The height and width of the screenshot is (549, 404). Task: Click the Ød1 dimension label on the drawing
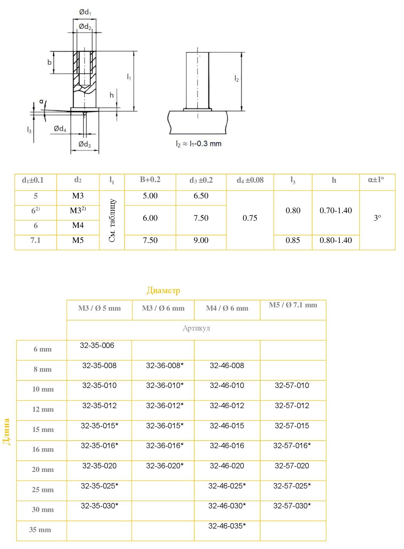pyautogui.click(x=85, y=12)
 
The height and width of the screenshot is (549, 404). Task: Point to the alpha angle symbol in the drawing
pyautogui.click(x=42, y=102)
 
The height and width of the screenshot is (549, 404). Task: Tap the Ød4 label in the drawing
pyautogui.click(x=60, y=129)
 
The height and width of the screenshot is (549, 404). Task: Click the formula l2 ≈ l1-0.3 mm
pyautogui.click(x=199, y=144)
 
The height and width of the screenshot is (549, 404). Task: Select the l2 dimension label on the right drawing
pyautogui.click(x=236, y=79)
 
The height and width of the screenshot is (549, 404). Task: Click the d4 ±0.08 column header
pyautogui.click(x=250, y=180)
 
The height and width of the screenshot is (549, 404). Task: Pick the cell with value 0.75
pyautogui.click(x=250, y=218)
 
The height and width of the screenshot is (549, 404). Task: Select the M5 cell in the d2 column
pyautogui.click(x=78, y=240)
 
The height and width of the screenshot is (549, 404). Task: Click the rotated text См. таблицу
pyautogui.click(x=112, y=220)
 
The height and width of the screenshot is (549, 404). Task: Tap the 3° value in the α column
pyautogui.click(x=377, y=218)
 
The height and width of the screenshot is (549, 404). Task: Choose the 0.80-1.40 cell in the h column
pyautogui.click(x=336, y=240)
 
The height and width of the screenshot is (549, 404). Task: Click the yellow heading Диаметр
pyautogui.click(x=163, y=290)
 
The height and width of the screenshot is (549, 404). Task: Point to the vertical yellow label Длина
pyautogui.click(x=7, y=432)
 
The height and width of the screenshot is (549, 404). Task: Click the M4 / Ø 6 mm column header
pyautogui.click(x=227, y=308)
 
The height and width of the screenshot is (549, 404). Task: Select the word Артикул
pyautogui.click(x=196, y=328)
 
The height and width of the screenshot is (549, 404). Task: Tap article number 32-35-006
pyautogui.click(x=97, y=345)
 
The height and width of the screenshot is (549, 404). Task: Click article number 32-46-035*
pyautogui.click(x=227, y=526)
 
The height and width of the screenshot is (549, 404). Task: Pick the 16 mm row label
pyautogui.click(x=43, y=449)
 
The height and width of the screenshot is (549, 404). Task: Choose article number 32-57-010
pyautogui.click(x=292, y=385)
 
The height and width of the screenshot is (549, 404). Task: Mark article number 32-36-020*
pyautogui.click(x=165, y=466)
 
